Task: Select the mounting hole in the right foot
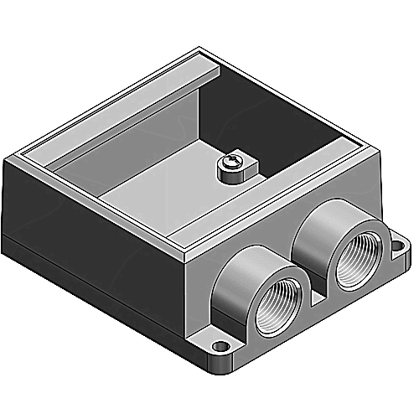395,243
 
